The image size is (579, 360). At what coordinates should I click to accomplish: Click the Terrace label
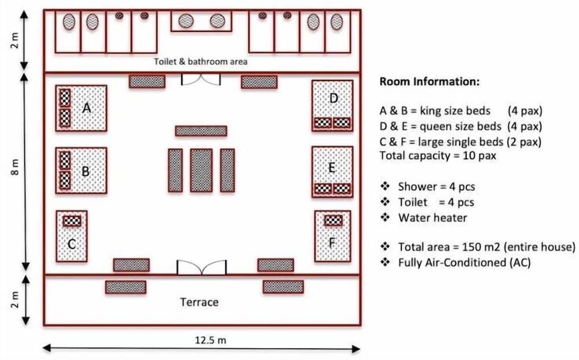point(199,302)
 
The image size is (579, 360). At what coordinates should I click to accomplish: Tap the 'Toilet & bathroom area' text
point(200,61)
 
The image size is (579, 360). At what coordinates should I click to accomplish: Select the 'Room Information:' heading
point(429,82)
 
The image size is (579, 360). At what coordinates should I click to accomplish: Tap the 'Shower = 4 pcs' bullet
point(436,186)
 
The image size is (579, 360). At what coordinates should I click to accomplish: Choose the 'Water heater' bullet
point(432,218)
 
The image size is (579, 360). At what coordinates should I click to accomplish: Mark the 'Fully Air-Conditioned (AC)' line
point(464,262)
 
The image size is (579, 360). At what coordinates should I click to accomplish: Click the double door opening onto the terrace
point(200,267)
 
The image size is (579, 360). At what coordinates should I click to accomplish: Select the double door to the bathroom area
point(201,79)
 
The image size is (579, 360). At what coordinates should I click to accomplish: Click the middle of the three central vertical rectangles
point(201,170)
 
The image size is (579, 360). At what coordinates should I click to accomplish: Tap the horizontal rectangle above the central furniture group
point(201,131)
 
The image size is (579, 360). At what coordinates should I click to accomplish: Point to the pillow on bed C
point(72,221)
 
